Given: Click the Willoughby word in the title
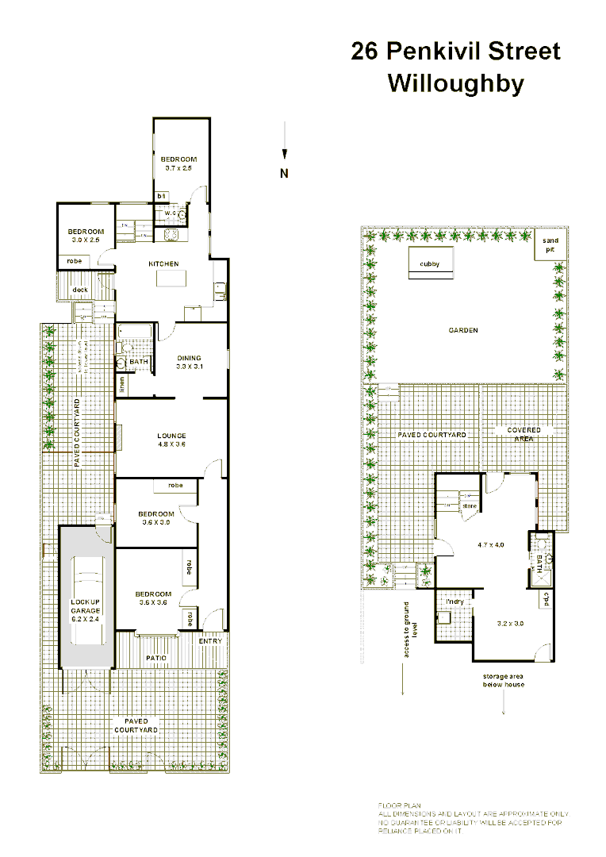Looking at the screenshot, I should (x=455, y=83).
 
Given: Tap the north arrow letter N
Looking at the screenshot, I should (x=284, y=174).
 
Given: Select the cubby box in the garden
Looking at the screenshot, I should (x=430, y=263).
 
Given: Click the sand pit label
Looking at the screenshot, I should (x=550, y=244).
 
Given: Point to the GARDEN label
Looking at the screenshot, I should (x=463, y=331).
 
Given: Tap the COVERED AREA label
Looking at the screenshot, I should (x=524, y=434).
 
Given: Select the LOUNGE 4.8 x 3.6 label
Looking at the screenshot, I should (x=171, y=440).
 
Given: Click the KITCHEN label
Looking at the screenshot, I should (x=163, y=263).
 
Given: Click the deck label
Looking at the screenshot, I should (x=80, y=290).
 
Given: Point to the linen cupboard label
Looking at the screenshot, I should (x=122, y=384).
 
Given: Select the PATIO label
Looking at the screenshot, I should (x=156, y=658).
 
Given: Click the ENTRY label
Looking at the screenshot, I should (x=210, y=641).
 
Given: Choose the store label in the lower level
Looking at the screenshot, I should (x=470, y=505).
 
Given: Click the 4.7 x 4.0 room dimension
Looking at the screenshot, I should (x=491, y=545).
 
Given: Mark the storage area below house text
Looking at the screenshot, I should (x=504, y=680).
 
